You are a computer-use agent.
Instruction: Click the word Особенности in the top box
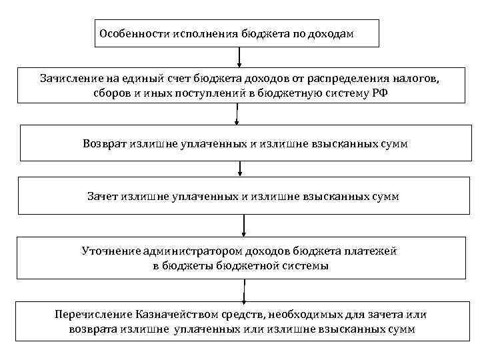131,33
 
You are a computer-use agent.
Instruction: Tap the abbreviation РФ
378,93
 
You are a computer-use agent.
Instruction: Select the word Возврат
106,143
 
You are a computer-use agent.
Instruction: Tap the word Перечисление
93,314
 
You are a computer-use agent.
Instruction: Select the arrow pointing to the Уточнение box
244,227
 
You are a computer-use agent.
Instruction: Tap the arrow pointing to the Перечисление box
244,291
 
